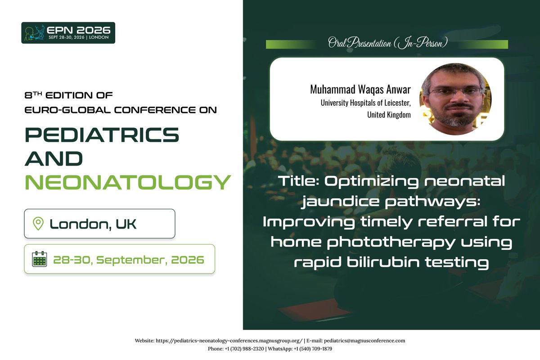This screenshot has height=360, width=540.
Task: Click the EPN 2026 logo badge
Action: pos(68,33)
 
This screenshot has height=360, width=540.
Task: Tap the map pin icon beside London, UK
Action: pos(38,223)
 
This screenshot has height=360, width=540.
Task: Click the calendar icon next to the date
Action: pos(40,259)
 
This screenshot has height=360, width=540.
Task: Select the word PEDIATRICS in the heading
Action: pos(102,134)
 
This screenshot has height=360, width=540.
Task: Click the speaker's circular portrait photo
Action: pos(455,99)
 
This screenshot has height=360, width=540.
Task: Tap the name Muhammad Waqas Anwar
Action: pos(360,90)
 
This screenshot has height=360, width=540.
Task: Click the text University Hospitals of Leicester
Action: pos(365,103)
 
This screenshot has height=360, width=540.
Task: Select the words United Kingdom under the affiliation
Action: pos(389,115)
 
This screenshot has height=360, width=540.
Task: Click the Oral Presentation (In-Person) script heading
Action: pos(387,44)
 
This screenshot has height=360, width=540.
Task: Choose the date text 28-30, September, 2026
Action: pos(128,260)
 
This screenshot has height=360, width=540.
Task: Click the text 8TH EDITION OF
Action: pos(68,95)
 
